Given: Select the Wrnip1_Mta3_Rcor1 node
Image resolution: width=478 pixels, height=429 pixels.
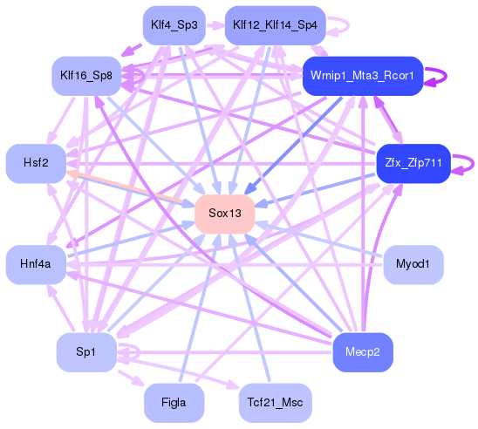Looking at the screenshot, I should [x=362, y=76].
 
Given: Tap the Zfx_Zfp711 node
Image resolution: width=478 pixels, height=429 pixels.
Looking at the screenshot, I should [x=413, y=163].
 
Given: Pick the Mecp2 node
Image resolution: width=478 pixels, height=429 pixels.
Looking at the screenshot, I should [x=363, y=351].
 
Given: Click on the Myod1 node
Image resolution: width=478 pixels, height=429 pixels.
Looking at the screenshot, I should [x=413, y=263].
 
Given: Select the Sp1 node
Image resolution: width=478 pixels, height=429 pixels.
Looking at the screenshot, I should [x=86, y=351].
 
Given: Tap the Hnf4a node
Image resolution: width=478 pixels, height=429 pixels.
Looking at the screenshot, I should [x=36, y=263].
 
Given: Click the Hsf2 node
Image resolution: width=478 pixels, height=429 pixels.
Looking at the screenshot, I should [x=36, y=163].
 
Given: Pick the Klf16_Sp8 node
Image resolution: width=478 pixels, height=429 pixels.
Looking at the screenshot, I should [x=86, y=76].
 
